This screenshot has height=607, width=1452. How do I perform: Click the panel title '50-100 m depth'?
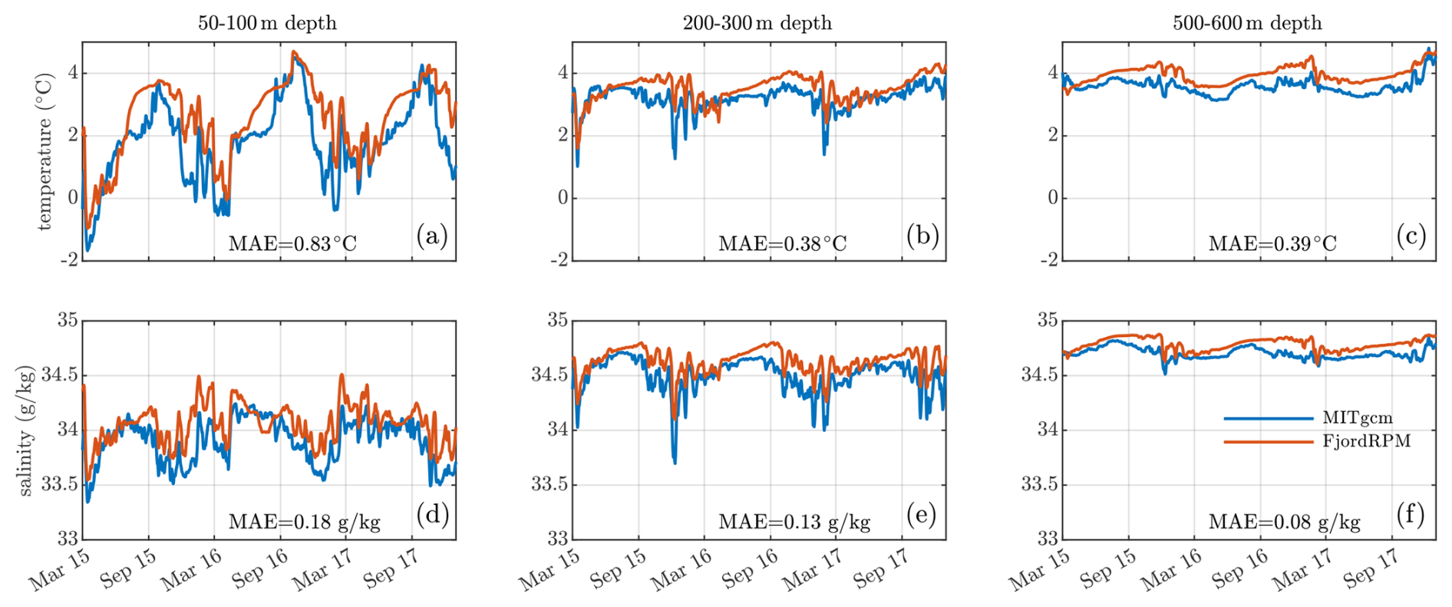click(267, 23)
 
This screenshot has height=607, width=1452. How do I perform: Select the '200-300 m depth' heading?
click(757, 23)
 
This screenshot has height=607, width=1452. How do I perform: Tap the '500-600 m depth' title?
click(1247, 23)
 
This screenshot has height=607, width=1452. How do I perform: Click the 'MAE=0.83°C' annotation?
click(292, 244)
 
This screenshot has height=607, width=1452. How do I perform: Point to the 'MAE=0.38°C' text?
click(782, 244)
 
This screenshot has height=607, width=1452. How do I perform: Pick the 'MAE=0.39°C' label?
click(1272, 244)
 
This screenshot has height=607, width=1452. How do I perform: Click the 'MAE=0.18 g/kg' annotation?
click(304, 523)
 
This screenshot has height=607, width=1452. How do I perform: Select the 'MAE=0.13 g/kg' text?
click(794, 523)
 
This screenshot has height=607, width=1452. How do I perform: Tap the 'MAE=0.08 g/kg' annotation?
click(1284, 523)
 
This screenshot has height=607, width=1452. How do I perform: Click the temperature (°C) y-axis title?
click(45, 152)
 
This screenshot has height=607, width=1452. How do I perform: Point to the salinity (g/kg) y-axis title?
click(26, 431)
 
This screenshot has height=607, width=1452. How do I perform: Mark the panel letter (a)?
click(431, 236)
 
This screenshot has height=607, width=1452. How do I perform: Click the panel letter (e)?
click(921, 514)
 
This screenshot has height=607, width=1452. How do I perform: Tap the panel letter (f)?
click(1411, 514)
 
